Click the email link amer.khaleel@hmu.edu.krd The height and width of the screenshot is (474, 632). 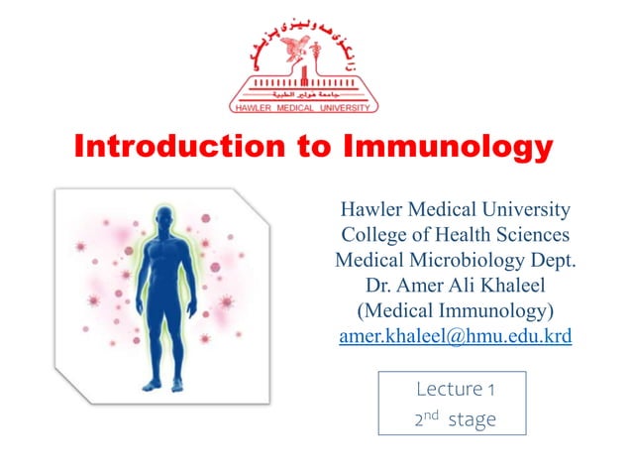click(456, 338)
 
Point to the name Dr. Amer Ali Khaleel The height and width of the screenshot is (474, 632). click(456, 287)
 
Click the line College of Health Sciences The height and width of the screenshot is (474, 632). click(456, 235)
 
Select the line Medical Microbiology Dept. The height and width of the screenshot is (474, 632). click(456, 261)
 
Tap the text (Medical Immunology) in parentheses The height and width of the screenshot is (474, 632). click(456, 312)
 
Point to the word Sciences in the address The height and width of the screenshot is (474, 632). click(531, 235)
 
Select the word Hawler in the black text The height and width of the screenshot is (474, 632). click(370, 209)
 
